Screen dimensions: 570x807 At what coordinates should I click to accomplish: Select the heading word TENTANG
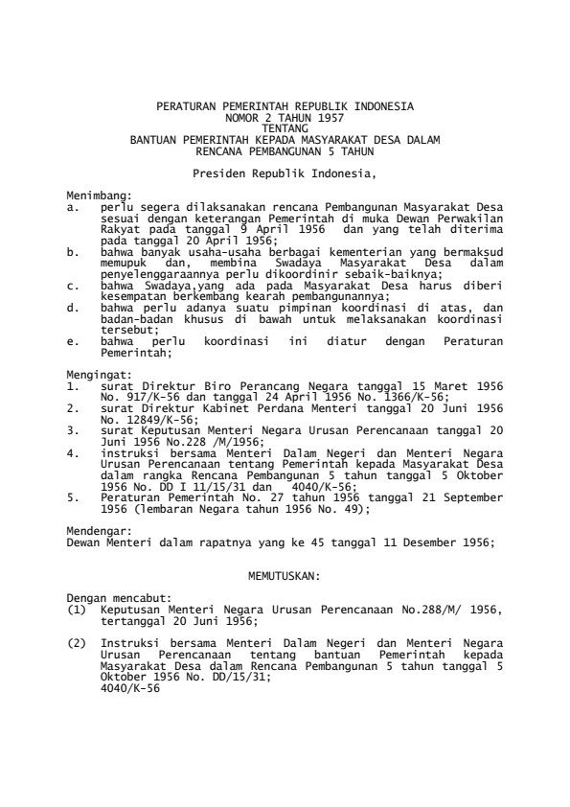tap(284, 126)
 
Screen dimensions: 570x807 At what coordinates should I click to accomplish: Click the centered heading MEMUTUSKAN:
tap(284, 576)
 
